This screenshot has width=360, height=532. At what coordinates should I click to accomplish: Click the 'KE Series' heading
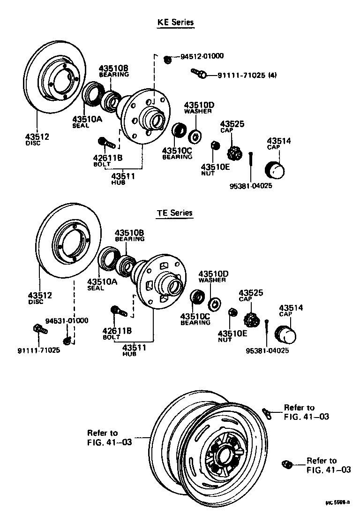tap(175, 22)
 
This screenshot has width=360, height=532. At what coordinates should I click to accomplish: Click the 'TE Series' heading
tap(174, 213)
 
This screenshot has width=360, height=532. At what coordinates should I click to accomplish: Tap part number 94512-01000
tap(202, 56)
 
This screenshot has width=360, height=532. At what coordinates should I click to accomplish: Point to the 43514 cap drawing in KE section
tap(276, 169)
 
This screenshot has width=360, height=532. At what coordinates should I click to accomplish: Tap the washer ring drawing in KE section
tap(195, 137)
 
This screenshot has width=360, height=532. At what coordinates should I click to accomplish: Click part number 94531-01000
tap(67, 320)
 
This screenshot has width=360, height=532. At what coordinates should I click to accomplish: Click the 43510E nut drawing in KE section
tap(214, 145)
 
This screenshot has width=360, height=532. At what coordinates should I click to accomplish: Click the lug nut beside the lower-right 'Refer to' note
tap(286, 464)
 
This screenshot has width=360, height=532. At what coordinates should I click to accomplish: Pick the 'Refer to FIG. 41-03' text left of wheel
tap(109, 437)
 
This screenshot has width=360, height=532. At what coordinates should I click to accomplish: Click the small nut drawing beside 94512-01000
tap(168, 59)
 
